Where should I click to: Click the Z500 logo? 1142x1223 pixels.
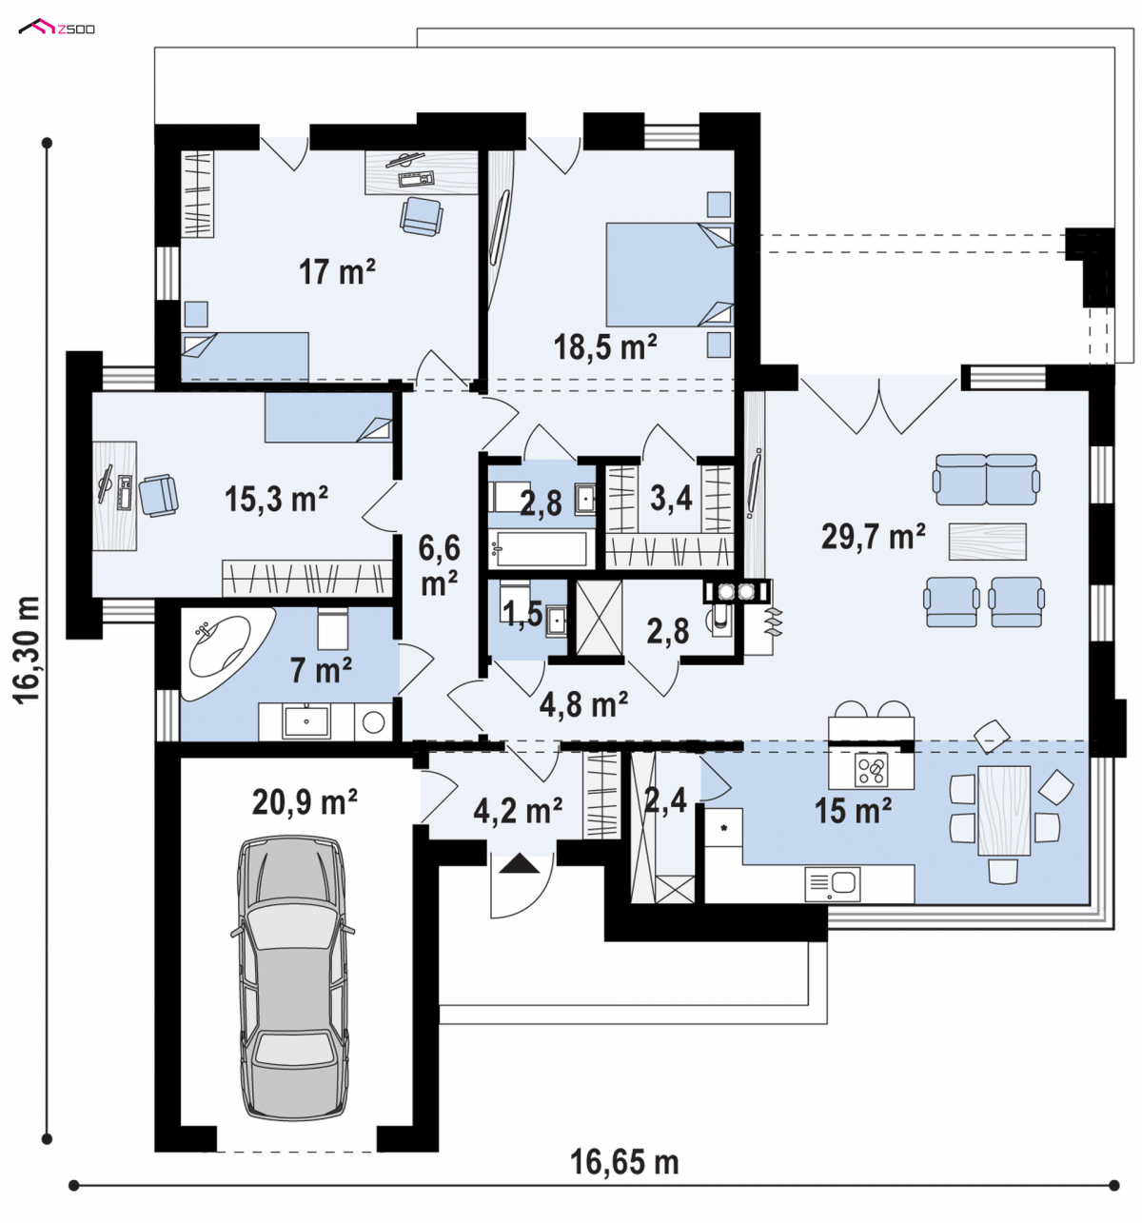(x=56, y=27)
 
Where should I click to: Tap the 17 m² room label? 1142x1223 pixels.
(x=336, y=271)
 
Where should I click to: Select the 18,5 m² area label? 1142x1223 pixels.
(x=604, y=346)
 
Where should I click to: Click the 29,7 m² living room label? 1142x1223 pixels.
(x=873, y=536)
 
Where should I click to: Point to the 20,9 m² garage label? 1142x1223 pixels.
(x=305, y=801)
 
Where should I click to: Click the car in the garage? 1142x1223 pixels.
(x=292, y=976)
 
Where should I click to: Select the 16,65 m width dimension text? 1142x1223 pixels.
(x=624, y=1162)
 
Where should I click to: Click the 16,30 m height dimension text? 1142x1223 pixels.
(x=26, y=649)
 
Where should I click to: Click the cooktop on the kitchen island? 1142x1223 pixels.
(x=871, y=769)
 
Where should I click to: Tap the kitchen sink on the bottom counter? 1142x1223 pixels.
(x=832, y=883)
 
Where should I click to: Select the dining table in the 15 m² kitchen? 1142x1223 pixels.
(x=1003, y=810)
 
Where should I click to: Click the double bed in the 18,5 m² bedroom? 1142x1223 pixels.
(x=669, y=274)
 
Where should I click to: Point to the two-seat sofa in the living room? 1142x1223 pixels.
(x=985, y=479)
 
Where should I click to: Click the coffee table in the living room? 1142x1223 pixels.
(x=987, y=542)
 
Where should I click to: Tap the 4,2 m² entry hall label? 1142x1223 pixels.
(x=518, y=810)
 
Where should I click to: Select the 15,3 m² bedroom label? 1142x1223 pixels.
(x=276, y=498)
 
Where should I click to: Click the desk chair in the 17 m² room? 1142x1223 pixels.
(x=421, y=215)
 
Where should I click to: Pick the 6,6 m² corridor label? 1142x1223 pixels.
(x=439, y=564)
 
